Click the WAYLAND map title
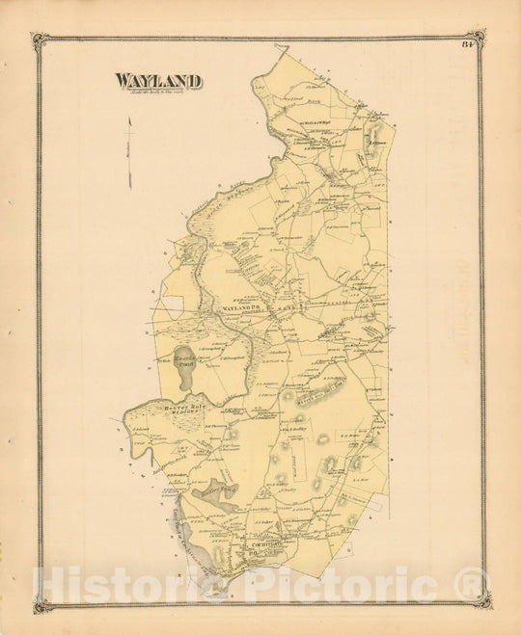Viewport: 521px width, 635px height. tap(158, 81)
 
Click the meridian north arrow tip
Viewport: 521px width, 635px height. tap(130, 115)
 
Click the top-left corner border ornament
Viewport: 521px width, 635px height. tap(41, 41)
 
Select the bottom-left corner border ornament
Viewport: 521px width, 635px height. tap(41, 603)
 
